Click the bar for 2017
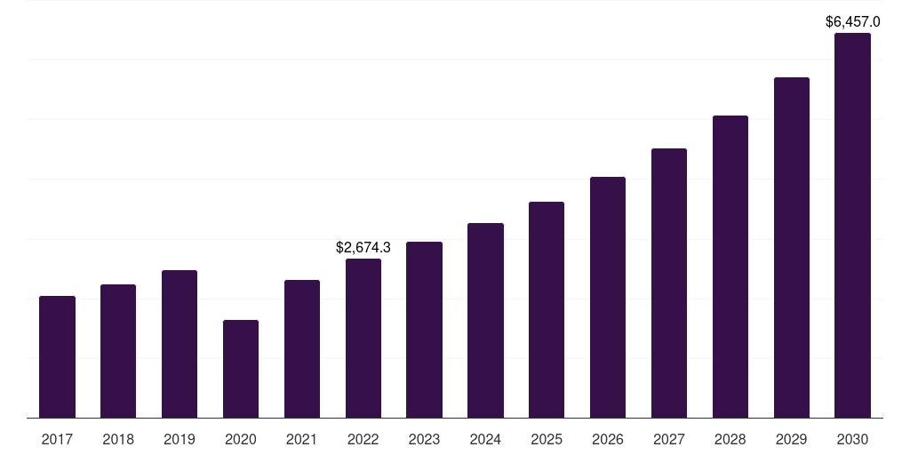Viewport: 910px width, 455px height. (x=57, y=356)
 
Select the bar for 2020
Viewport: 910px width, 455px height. (x=241, y=369)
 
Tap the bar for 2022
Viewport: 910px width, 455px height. (x=363, y=338)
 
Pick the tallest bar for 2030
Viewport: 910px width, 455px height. (x=852, y=226)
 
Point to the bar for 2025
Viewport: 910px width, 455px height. (x=547, y=309)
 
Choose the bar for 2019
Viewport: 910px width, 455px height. (x=180, y=344)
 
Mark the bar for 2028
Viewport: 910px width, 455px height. (x=730, y=267)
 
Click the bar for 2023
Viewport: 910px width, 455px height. (x=424, y=330)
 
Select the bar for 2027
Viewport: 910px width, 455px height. (x=669, y=283)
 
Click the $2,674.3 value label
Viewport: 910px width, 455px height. (x=363, y=248)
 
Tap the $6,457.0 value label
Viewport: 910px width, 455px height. (x=852, y=21)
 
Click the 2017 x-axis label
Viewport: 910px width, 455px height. (x=57, y=439)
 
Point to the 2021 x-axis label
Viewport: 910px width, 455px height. (x=302, y=439)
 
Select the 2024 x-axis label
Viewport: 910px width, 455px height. (x=485, y=439)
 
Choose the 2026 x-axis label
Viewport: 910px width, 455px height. (x=608, y=439)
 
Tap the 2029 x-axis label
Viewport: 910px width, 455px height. (x=792, y=439)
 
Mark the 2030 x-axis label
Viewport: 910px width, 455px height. (x=852, y=439)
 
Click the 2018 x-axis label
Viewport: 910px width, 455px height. (x=118, y=439)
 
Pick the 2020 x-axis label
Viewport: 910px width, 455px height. (x=241, y=439)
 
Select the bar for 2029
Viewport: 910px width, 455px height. (x=792, y=247)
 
